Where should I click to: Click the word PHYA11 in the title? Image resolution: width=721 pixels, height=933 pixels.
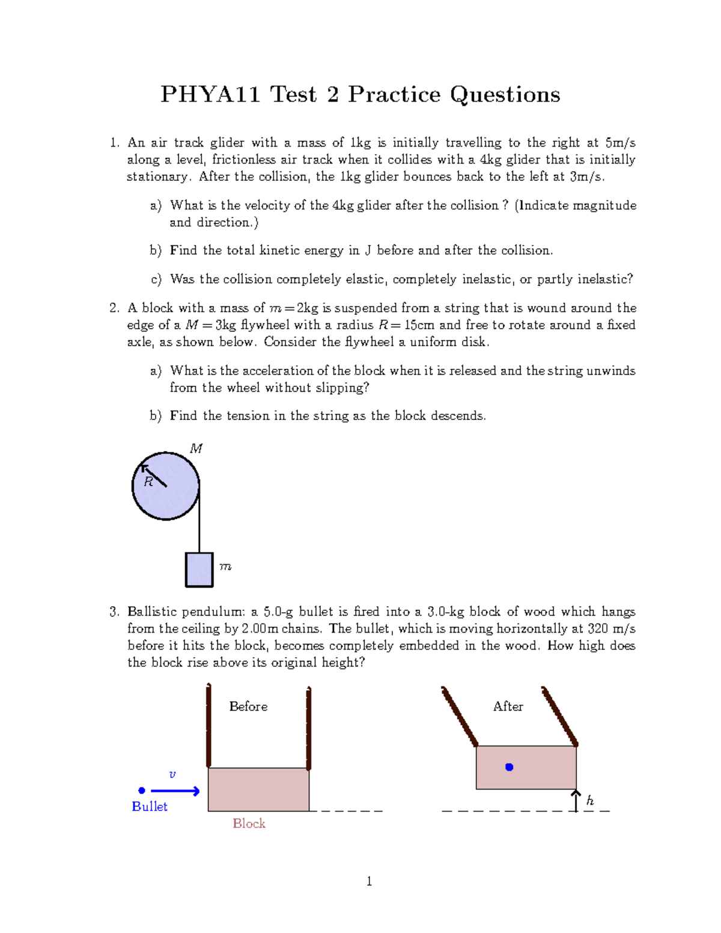pyautogui.click(x=210, y=94)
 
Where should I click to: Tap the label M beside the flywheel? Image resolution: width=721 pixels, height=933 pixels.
pyautogui.click(x=196, y=448)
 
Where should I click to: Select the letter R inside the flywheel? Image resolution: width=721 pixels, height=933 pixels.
pyautogui.click(x=148, y=482)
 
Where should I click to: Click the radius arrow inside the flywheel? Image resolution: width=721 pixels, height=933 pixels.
pyautogui.click(x=154, y=475)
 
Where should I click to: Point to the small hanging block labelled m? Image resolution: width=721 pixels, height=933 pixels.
pyautogui.click(x=199, y=570)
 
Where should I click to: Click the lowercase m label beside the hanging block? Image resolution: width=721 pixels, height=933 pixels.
pyautogui.click(x=225, y=567)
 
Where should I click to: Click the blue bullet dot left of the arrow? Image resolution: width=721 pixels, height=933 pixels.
pyautogui.click(x=142, y=791)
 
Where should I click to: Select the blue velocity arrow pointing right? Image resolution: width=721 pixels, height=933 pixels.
pyautogui.click(x=175, y=791)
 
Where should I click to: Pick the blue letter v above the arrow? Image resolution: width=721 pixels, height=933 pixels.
pyautogui.click(x=172, y=774)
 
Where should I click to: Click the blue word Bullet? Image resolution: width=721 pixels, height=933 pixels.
pyautogui.click(x=150, y=806)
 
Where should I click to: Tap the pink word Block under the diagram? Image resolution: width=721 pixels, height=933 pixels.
pyautogui.click(x=249, y=823)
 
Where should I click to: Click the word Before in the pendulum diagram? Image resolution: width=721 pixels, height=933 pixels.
pyautogui.click(x=248, y=707)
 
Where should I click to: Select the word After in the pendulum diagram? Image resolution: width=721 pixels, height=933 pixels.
pyautogui.click(x=508, y=707)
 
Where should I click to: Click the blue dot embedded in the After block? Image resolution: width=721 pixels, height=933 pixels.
pyautogui.click(x=510, y=767)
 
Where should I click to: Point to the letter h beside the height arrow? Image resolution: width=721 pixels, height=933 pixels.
pyautogui.click(x=590, y=800)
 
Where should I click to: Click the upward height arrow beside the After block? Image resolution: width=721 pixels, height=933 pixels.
pyautogui.click(x=576, y=801)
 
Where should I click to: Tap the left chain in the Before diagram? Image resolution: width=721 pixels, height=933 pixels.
pyautogui.click(x=208, y=726)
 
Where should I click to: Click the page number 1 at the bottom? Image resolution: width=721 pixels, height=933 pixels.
pyautogui.click(x=369, y=881)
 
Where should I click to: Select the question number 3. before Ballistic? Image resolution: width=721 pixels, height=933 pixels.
pyautogui.click(x=115, y=612)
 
